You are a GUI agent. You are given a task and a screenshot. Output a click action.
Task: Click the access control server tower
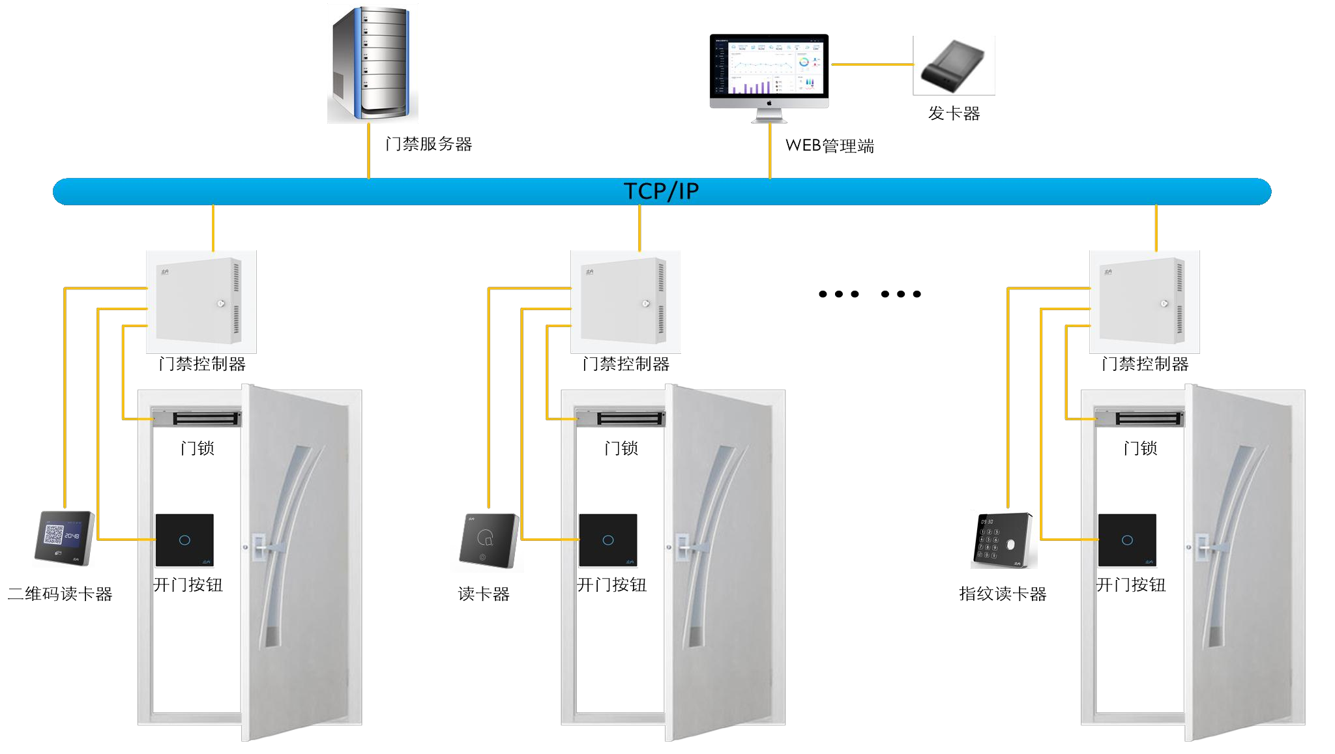point(373,63)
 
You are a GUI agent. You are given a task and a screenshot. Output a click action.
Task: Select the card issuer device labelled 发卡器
point(953,66)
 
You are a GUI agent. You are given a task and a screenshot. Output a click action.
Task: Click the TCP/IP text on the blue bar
point(661,192)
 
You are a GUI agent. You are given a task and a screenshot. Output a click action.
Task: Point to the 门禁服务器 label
point(428,144)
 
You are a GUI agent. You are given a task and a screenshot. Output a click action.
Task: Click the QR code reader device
point(64,538)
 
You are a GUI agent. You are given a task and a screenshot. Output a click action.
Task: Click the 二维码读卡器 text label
point(60,594)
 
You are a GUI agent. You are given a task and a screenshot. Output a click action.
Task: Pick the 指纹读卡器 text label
point(1003,594)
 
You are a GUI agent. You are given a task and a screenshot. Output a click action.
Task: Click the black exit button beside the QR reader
point(184,540)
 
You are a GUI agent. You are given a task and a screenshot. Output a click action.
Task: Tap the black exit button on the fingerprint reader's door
point(1127,540)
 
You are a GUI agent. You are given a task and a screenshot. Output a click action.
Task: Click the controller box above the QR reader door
point(201,301)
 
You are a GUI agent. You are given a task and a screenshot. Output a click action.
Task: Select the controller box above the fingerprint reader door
point(1144,301)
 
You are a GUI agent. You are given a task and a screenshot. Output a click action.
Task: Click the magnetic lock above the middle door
point(620,418)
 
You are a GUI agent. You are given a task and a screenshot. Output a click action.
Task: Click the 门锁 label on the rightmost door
point(1140,448)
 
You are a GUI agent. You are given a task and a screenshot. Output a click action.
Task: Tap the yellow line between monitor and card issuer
point(872,65)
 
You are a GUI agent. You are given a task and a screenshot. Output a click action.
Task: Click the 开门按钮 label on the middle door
point(611,585)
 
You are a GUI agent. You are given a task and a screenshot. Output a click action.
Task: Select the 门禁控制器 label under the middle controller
point(626,364)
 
